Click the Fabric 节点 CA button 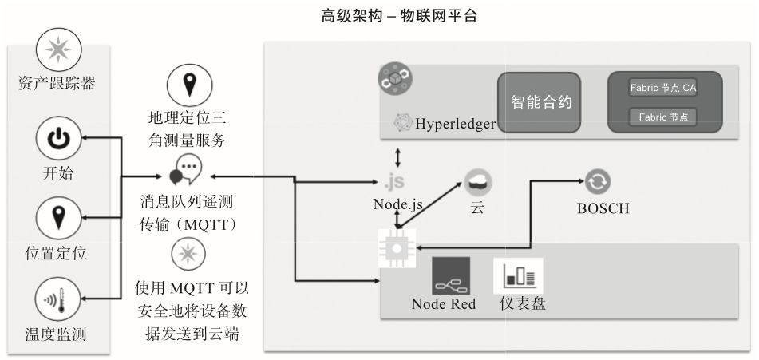click(x=662, y=88)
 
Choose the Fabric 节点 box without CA click(x=662, y=117)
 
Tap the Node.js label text click(x=397, y=204)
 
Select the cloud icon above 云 click(x=476, y=182)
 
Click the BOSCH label click(x=603, y=208)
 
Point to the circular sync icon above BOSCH click(x=597, y=182)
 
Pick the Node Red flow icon click(x=451, y=275)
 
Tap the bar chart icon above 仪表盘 click(x=518, y=275)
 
